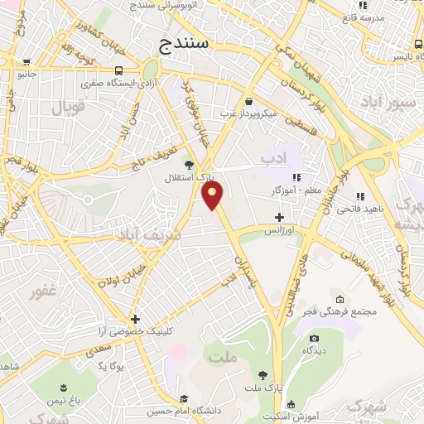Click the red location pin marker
pos(213,196)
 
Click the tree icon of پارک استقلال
pos(190,165)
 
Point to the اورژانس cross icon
pos(280,217)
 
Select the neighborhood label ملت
pos(224,358)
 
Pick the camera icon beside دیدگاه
pos(314,339)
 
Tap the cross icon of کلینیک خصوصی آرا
pos(135,318)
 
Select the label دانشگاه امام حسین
pos(183,411)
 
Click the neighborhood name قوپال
pos(69,107)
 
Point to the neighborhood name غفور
pos(42,293)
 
